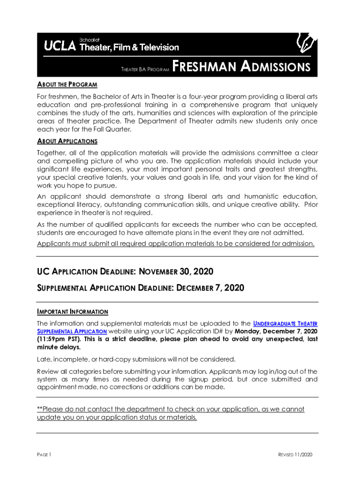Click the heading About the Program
click(67, 85)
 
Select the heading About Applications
click(67, 141)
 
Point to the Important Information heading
click(72, 312)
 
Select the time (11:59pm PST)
click(59, 340)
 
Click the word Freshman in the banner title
click(204, 67)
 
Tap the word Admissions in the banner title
click(275, 67)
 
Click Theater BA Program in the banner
click(144, 70)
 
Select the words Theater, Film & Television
click(130, 47)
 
